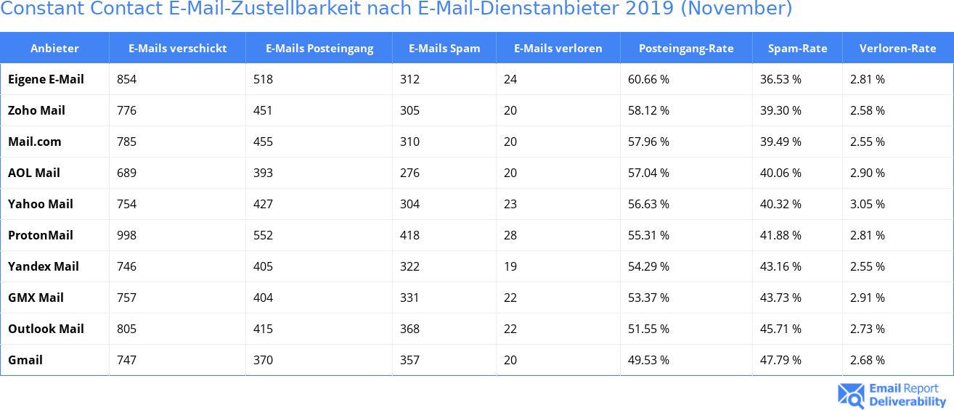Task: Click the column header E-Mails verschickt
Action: [x=177, y=49]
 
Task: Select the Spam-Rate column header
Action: [x=797, y=49]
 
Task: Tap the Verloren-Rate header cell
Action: [x=897, y=49]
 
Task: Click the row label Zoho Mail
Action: [x=36, y=110]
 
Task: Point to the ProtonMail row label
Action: [x=41, y=235]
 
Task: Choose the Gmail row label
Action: [x=25, y=360]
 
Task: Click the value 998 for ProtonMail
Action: [x=126, y=235]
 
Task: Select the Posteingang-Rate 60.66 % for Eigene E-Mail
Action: [x=648, y=79]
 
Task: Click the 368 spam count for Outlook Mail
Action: [x=409, y=329]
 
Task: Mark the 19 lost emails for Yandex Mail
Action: [x=510, y=266]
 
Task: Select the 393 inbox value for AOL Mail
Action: [x=263, y=173]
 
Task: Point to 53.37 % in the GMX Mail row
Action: [x=648, y=298]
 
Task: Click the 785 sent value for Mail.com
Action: [x=126, y=142]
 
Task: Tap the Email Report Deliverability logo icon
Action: [x=851, y=395]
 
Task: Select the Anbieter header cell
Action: [x=54, y=49]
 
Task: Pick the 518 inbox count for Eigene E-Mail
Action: [x=263, y=79]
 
